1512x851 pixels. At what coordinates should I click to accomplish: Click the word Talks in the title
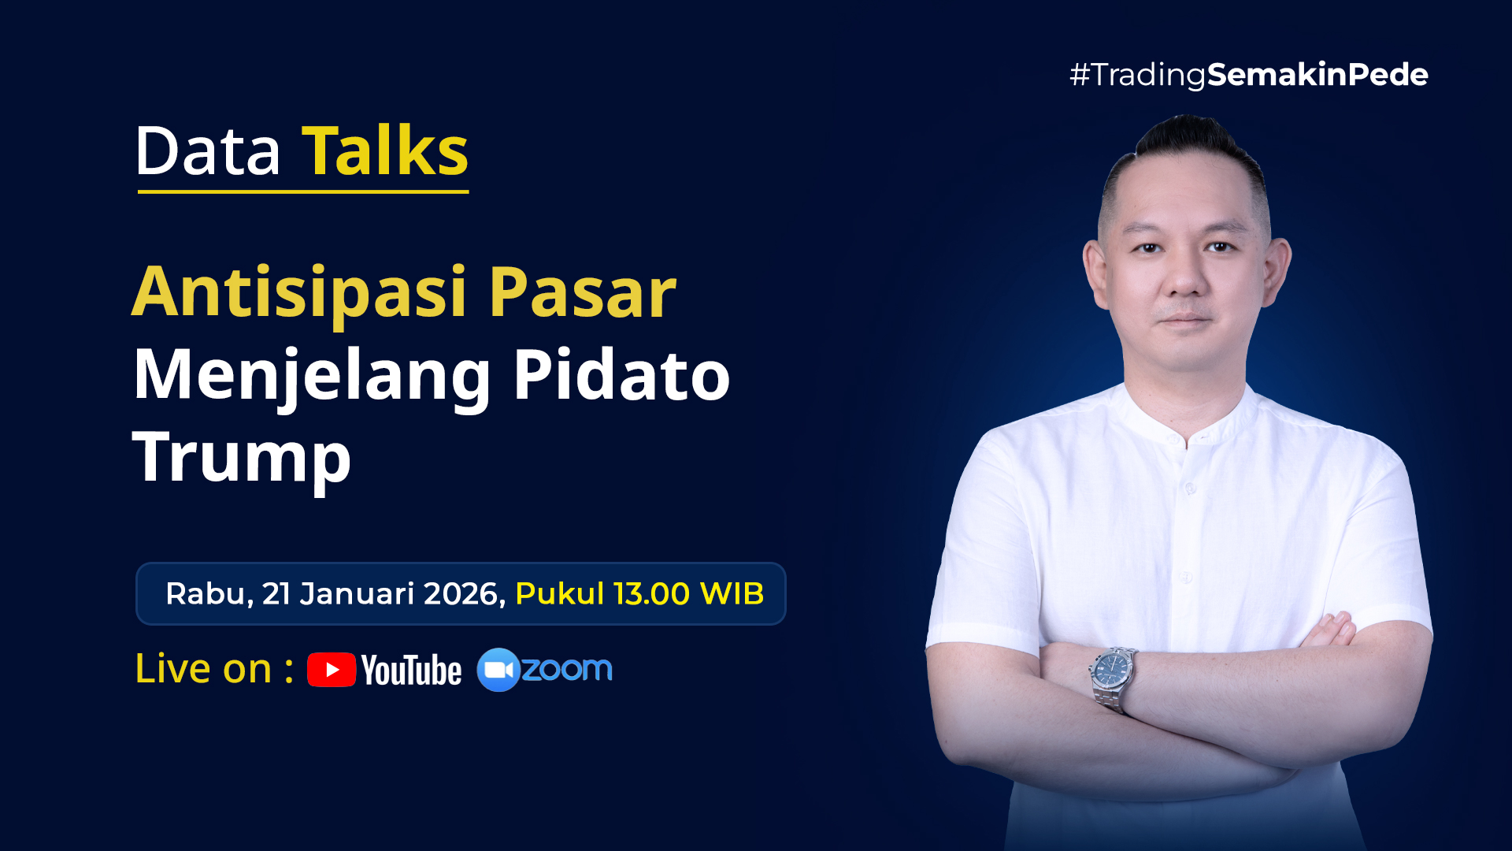(x=385, y=151)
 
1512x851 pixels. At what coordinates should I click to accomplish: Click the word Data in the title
(x=208, y=151)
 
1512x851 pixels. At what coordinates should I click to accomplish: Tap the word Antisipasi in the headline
(x=300, y=293)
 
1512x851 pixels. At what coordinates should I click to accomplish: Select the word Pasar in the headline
(x=583, y=293)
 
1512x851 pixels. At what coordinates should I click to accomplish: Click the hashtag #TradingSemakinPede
(x=1249, y=76)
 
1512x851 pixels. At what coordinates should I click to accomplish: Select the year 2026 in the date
(x=464, y=594)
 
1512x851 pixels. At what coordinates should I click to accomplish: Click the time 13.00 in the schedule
(x=652, y=594)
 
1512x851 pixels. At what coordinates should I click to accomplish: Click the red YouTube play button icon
(x=332, y=670)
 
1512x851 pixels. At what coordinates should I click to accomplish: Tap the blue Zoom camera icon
(x=498, y=670)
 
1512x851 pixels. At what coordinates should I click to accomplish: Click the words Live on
(x=204, y=669)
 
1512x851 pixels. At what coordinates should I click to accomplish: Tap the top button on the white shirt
(x=1189, y=489)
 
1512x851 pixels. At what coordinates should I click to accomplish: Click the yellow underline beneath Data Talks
(x=303, y=191)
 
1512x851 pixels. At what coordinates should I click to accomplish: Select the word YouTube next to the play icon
(x=411, y=671)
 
